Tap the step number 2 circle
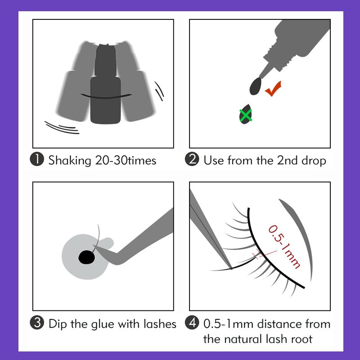(x=193, y=160)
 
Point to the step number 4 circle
(x=193, y=324)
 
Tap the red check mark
(x=274, y=89)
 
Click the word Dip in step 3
(x=58, y=324)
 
